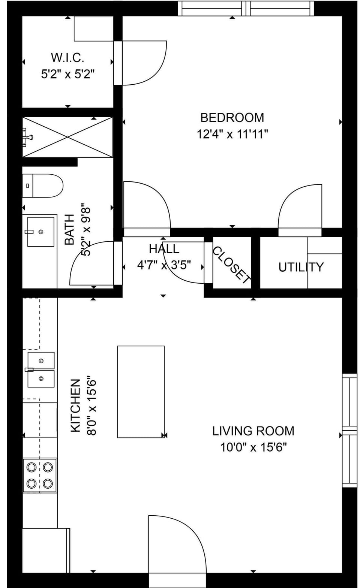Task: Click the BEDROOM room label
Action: [x=232, y=118]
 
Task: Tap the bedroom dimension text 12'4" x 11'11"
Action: [x=232, y=134]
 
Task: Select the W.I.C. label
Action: [x=67, y=58]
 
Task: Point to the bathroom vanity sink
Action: [x=40, y=232]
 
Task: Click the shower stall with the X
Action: [x=67, y=137]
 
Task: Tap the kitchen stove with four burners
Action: [x=40, y=475]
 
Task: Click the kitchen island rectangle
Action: [x=141, y=392]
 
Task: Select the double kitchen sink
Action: [x=40, y=370]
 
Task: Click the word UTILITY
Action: [x=301, y=267]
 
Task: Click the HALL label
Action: [x=164, y=249]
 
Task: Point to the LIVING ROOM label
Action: [x=253, y=431]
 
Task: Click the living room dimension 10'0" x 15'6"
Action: [x=253, y=447]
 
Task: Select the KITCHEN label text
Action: [x=76, y=405]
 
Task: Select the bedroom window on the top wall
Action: [x=246, y=8]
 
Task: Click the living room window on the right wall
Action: [x=349, y=430]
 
